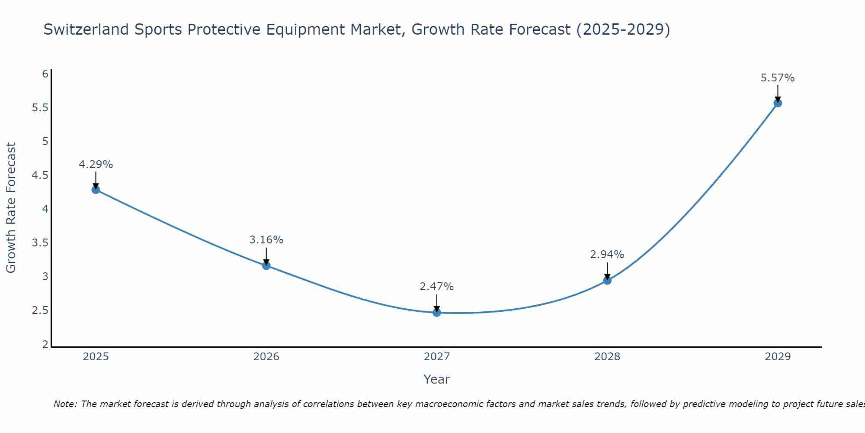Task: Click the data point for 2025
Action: coord(96,189)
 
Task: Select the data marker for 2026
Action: coord(266,265)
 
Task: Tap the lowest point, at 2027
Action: coord(437,312)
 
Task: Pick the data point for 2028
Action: coord(607,280)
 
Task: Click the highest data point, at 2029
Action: coord(778,103)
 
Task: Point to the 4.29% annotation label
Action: coord(96,165)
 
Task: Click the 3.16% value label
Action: coord(266,240)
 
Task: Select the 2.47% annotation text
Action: coord(437,287)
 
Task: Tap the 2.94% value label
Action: coord(607,255)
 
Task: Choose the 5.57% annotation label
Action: coord(778,78)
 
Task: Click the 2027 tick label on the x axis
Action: coord(437,357)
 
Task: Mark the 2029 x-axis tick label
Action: coord(778,357)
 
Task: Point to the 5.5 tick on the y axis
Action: coord(40,108)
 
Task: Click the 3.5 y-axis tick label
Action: coord(40,243)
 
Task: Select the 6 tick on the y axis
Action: coord(45,74)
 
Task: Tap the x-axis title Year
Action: coord(437,379)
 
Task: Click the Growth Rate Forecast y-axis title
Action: coord(11,208)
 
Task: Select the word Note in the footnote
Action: coord(65,404)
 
